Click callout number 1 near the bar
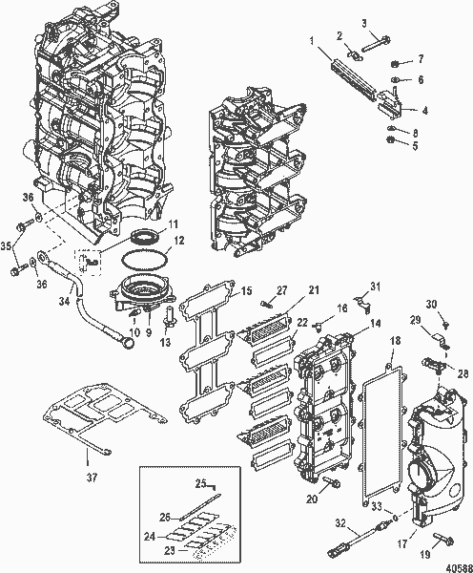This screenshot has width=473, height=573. tap(312, 40)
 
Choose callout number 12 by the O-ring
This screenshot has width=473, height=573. tap(177, 242)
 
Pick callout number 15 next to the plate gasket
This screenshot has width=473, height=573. tap(245, 290)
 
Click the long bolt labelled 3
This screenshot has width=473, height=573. tap(380, 42)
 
